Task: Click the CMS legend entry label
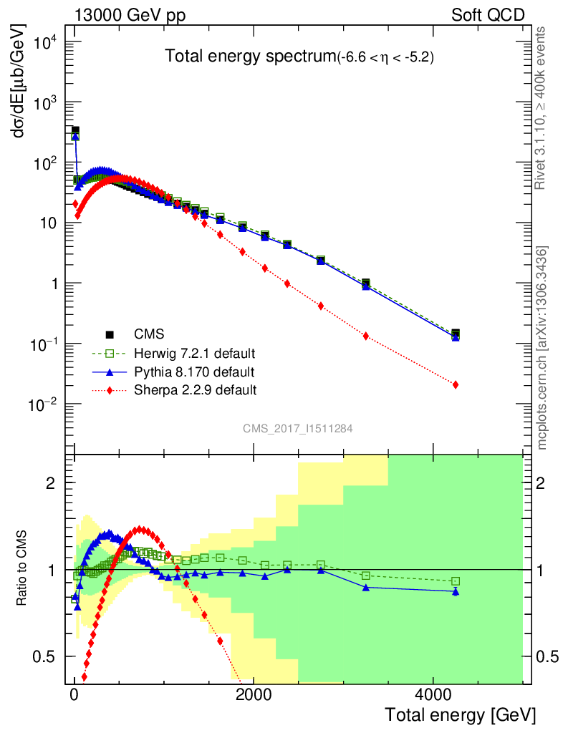(148, 334)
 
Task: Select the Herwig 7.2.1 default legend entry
(194, 354)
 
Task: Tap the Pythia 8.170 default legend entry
(193, 372)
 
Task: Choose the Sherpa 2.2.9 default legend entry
(195, 390)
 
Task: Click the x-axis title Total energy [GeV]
(460, 714)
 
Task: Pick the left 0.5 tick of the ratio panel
(48, 657)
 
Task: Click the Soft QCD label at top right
(488, 15)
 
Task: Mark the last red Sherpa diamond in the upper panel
(456, 385)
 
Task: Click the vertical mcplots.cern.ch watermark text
(542, 349)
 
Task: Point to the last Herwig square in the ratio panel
(456, 581)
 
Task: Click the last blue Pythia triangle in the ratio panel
(456, 591)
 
